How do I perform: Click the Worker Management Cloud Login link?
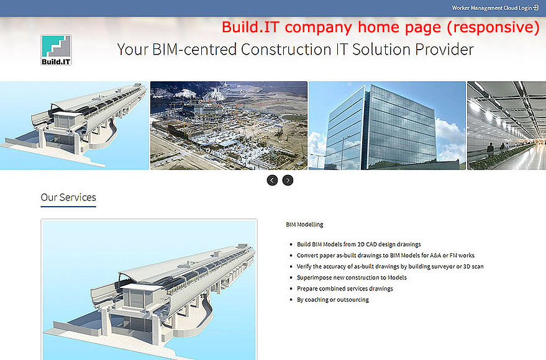[495, 7]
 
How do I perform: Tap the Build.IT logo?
[56, 50]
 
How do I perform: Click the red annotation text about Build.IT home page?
[381, 27]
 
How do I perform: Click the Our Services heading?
[68, 197]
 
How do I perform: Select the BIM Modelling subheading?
[304, 224]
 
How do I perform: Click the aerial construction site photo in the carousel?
[229, 125]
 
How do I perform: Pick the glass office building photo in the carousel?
[387, 125]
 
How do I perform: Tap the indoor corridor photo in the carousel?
[506, 125]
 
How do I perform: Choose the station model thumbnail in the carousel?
[74, 125]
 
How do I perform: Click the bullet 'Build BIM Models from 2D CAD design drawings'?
[358, 244]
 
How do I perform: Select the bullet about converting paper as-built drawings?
[386, 255]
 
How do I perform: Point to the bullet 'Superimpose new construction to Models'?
[352, 277]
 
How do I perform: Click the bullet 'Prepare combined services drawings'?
[345, 289]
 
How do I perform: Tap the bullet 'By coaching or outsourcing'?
[332, 299]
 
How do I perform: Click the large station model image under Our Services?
[149, 290]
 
